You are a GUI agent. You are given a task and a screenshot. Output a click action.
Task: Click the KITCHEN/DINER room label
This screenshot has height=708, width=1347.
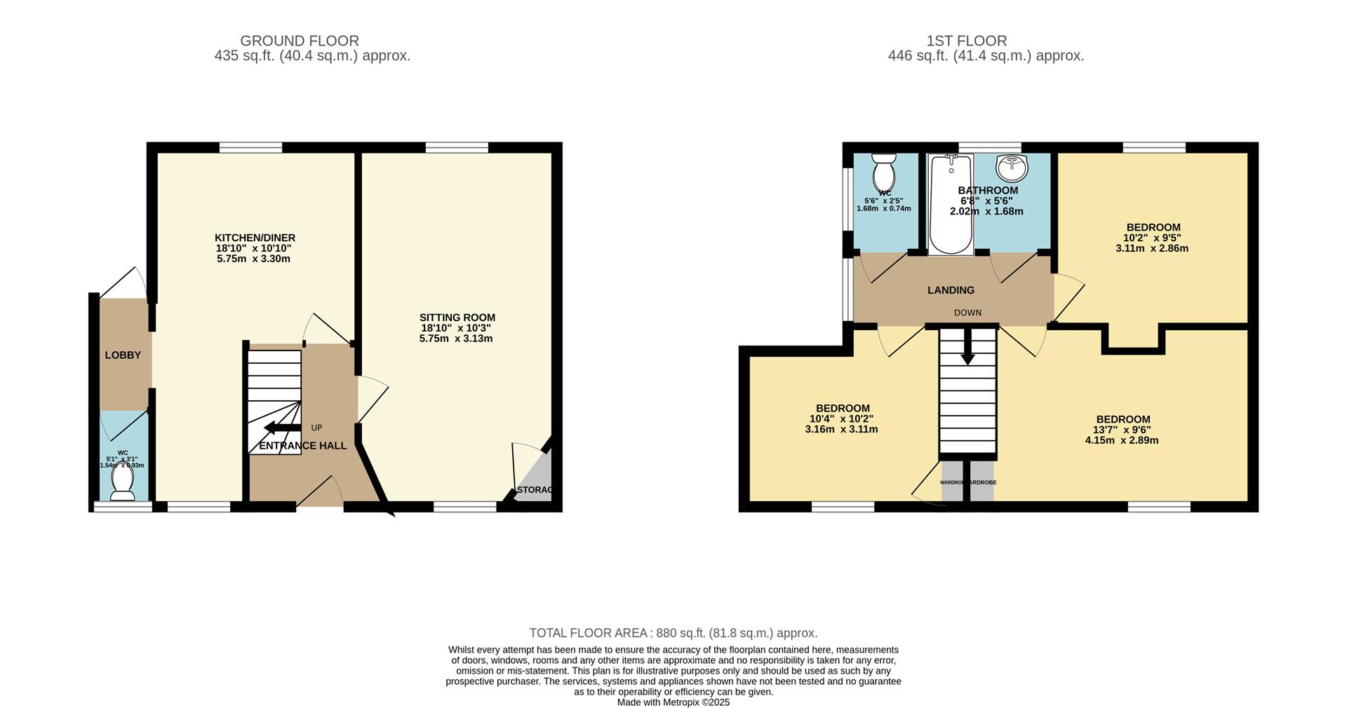(255, 238)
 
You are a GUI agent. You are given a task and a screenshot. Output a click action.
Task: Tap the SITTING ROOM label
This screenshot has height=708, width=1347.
(457, 318)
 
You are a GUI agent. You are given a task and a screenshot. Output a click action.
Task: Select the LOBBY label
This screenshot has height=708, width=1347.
(123, 355)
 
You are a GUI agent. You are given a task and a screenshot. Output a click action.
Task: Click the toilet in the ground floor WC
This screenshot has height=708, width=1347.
(123, 482)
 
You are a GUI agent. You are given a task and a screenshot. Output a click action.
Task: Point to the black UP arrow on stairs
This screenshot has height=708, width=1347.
(281, 428)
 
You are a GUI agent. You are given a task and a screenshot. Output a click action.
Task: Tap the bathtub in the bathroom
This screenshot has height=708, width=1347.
(951, 203)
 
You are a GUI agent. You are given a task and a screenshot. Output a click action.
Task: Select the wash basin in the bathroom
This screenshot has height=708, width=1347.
(1011, 167)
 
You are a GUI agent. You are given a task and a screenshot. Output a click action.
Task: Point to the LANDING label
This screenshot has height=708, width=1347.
(951, 290)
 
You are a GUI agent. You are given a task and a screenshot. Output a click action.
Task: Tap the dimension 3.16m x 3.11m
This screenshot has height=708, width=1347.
(841, 429)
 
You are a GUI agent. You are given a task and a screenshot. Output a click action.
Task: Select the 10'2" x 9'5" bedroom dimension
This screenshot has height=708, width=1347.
(1153, 238)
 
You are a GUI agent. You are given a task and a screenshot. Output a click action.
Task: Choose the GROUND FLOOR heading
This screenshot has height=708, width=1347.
(300, 41)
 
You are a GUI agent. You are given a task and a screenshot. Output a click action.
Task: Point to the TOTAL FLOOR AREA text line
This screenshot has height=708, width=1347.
(673, 633)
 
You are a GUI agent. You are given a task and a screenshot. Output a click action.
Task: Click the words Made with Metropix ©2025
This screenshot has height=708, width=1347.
(673, 702)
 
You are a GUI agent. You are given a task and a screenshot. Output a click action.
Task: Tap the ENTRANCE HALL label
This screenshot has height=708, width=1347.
(303, 446)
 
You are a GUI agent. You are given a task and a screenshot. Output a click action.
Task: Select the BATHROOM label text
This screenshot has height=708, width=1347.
(987, 191)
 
